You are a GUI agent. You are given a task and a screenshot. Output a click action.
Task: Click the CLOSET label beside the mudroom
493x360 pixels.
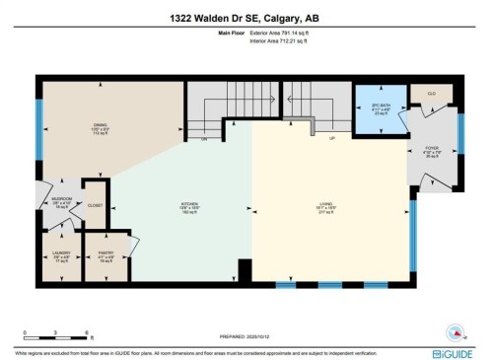coord(95,205)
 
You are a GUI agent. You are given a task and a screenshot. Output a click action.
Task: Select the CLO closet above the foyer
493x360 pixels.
coord(432,91)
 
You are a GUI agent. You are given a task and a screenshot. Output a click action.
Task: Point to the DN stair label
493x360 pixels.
coord(204,139)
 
